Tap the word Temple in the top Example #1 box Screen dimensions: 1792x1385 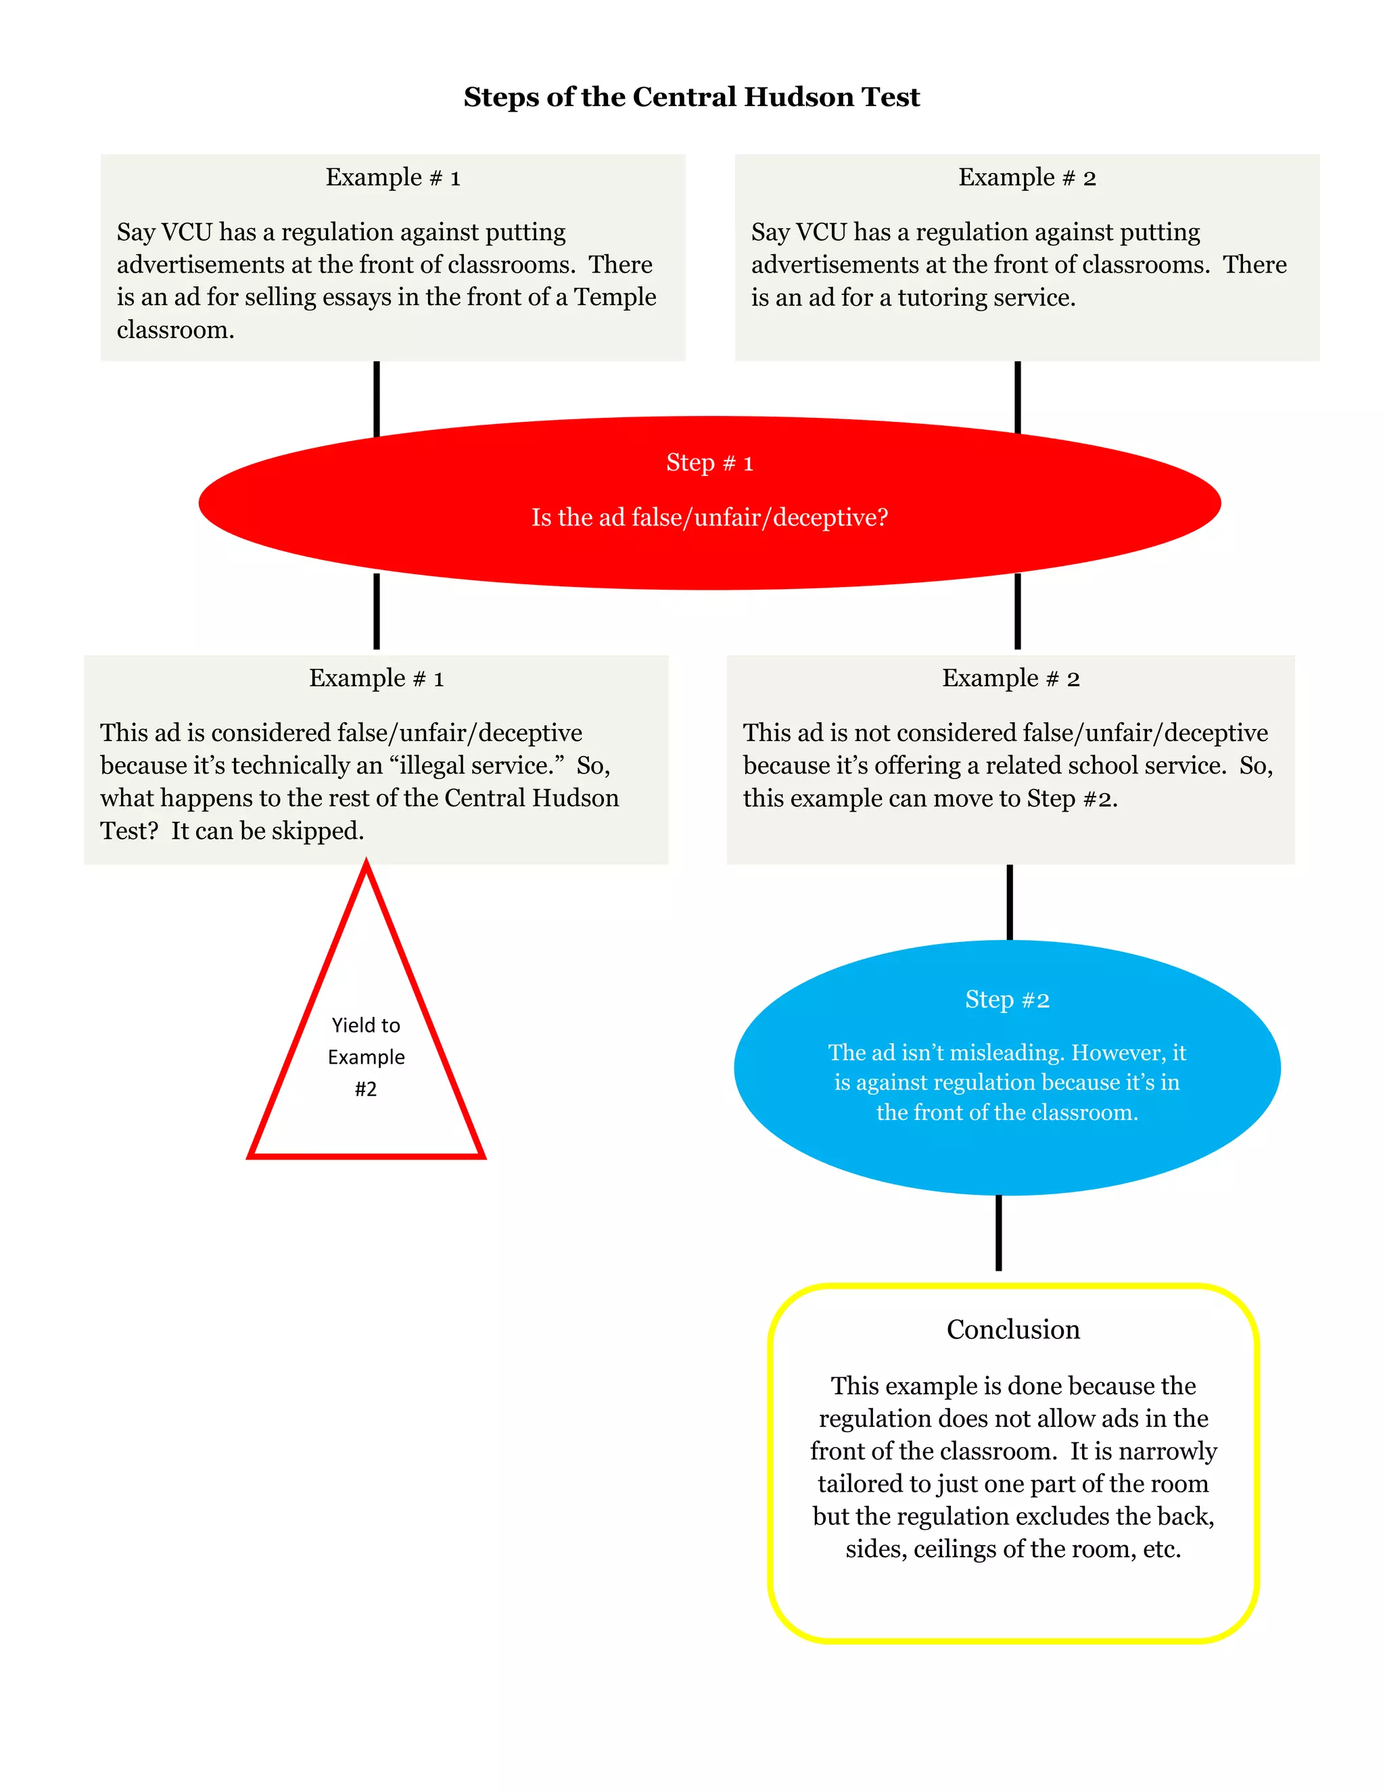615,297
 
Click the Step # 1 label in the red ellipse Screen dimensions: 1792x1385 709,463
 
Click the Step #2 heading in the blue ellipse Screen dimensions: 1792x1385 1007,999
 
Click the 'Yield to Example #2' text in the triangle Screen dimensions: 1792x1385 366,1057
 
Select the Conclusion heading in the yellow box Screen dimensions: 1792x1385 1012,1329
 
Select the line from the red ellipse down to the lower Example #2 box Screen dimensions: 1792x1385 1017,611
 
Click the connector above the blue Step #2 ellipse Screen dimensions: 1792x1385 1009,901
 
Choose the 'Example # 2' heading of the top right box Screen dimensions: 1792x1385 1027,177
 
